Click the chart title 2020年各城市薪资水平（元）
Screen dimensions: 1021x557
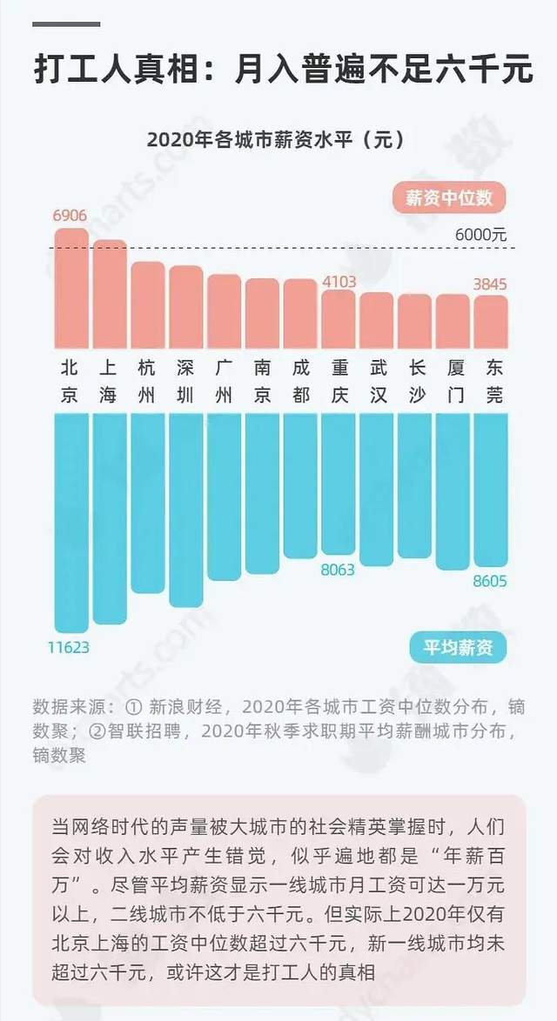coord(276,139)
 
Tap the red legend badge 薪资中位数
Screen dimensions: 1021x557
coord(449,197)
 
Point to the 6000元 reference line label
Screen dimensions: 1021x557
coord(480,235)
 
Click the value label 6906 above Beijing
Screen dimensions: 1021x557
coord(70,215)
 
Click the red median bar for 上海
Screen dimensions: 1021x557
coord(110,294)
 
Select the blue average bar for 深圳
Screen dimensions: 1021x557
coord(185,509)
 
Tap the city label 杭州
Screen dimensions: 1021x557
coord(147,381)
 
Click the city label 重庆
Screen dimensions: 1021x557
coord(339,381)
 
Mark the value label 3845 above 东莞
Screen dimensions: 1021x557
coord(489,284)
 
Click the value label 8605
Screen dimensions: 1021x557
coord(489,581)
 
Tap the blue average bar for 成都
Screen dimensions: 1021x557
coord(300,485)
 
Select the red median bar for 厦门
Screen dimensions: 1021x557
coord(453,321)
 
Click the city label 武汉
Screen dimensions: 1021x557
coord(376,381)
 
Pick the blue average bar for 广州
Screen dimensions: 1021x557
coord(224,496)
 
